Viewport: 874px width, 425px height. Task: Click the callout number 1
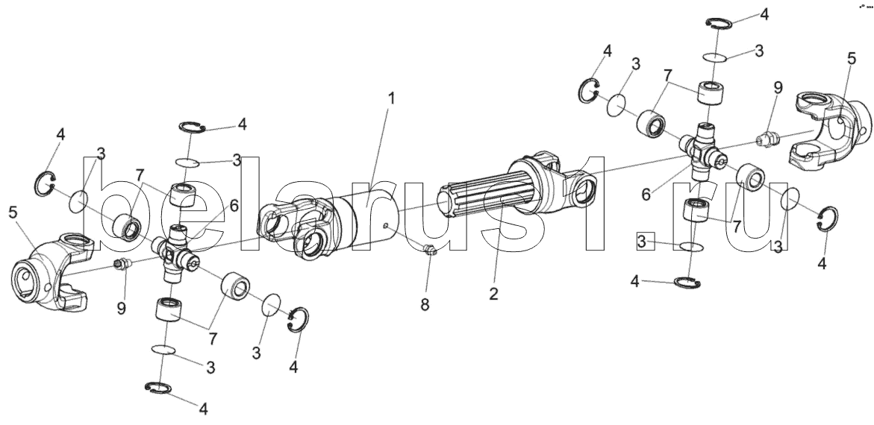391,99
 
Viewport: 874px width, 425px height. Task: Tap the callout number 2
494,294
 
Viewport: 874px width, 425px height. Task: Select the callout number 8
425,305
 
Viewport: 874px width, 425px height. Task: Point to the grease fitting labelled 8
429,251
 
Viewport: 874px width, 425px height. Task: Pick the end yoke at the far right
831,131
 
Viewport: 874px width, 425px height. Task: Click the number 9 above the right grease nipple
778,88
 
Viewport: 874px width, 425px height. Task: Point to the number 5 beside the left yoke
14,212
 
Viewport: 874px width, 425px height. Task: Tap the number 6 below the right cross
646,194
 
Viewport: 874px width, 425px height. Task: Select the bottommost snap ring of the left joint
157,388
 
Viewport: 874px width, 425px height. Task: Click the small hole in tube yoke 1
386,226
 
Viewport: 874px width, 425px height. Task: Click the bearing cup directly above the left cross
182,195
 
